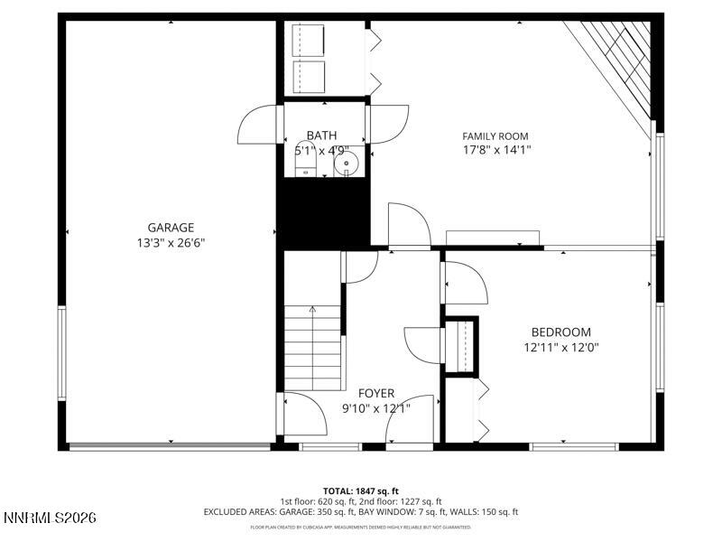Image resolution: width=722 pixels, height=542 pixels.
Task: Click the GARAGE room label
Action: [171, 228]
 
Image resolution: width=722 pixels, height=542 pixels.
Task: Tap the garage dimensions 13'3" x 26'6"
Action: [171, 242]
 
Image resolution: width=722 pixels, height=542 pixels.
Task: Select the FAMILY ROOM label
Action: [495, 136]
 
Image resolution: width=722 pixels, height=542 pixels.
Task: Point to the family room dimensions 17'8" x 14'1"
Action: [495, 151]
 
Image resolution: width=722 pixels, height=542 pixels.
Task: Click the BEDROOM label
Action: [560, 332]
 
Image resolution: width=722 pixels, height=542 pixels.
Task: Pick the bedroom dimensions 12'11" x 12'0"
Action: [560, 347]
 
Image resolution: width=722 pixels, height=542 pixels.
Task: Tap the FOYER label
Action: [375, 393]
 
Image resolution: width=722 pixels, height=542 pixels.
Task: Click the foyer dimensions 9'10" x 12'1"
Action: [375, 408]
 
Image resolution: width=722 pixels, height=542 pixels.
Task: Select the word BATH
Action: [321, 135]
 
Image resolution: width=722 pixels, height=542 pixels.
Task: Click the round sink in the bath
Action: [347, 164]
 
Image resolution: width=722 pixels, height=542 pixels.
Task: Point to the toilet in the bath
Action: [306, 160]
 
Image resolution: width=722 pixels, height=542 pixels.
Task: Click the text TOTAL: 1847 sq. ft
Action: [360, 491]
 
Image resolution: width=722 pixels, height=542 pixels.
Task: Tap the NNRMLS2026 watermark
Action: [50, 519]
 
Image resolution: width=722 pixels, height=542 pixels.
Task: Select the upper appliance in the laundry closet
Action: [307, 40]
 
